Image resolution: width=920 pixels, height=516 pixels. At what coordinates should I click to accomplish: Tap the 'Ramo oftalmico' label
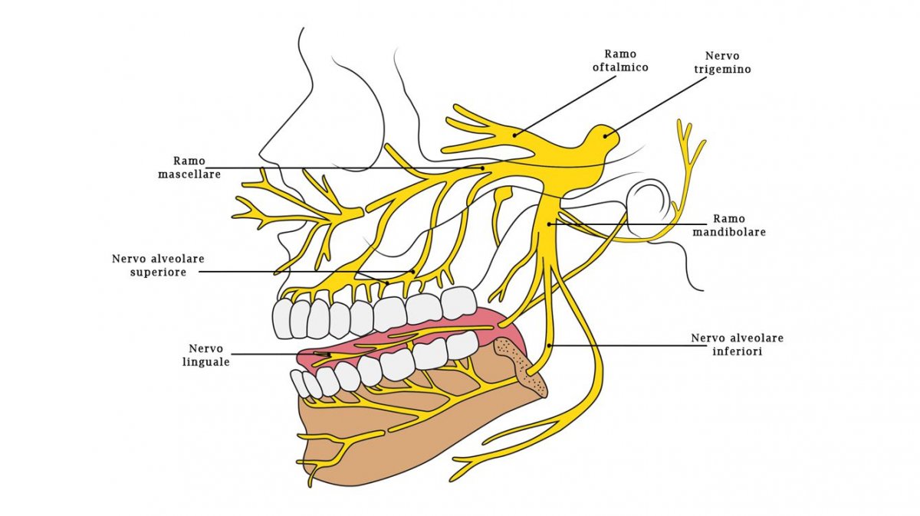(626, 60)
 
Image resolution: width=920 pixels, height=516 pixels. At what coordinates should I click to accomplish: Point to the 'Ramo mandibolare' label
(739, 224)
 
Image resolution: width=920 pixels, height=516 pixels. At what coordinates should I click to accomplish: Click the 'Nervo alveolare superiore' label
(158, 266)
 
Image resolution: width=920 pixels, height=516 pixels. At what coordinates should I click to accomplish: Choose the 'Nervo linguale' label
(202, 355)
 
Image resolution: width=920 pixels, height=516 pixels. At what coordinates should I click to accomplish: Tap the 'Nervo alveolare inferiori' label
(737, 345)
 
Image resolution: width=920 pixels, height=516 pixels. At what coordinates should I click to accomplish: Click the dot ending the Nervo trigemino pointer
(606, 136)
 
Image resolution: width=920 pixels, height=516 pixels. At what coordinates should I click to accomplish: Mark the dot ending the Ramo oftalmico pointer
(514, 136)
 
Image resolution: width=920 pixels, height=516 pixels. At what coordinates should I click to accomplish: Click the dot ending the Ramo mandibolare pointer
(550, 224)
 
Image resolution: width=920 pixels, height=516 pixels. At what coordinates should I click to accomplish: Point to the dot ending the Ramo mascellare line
(483, 168)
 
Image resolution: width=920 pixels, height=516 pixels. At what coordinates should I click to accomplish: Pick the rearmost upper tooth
(458, 302)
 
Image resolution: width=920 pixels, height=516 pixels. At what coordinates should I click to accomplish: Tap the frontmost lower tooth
(300, 382)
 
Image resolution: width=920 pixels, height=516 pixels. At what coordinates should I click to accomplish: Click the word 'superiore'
(158, 273)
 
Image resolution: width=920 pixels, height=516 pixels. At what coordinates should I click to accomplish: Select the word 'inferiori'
(737, 352)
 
